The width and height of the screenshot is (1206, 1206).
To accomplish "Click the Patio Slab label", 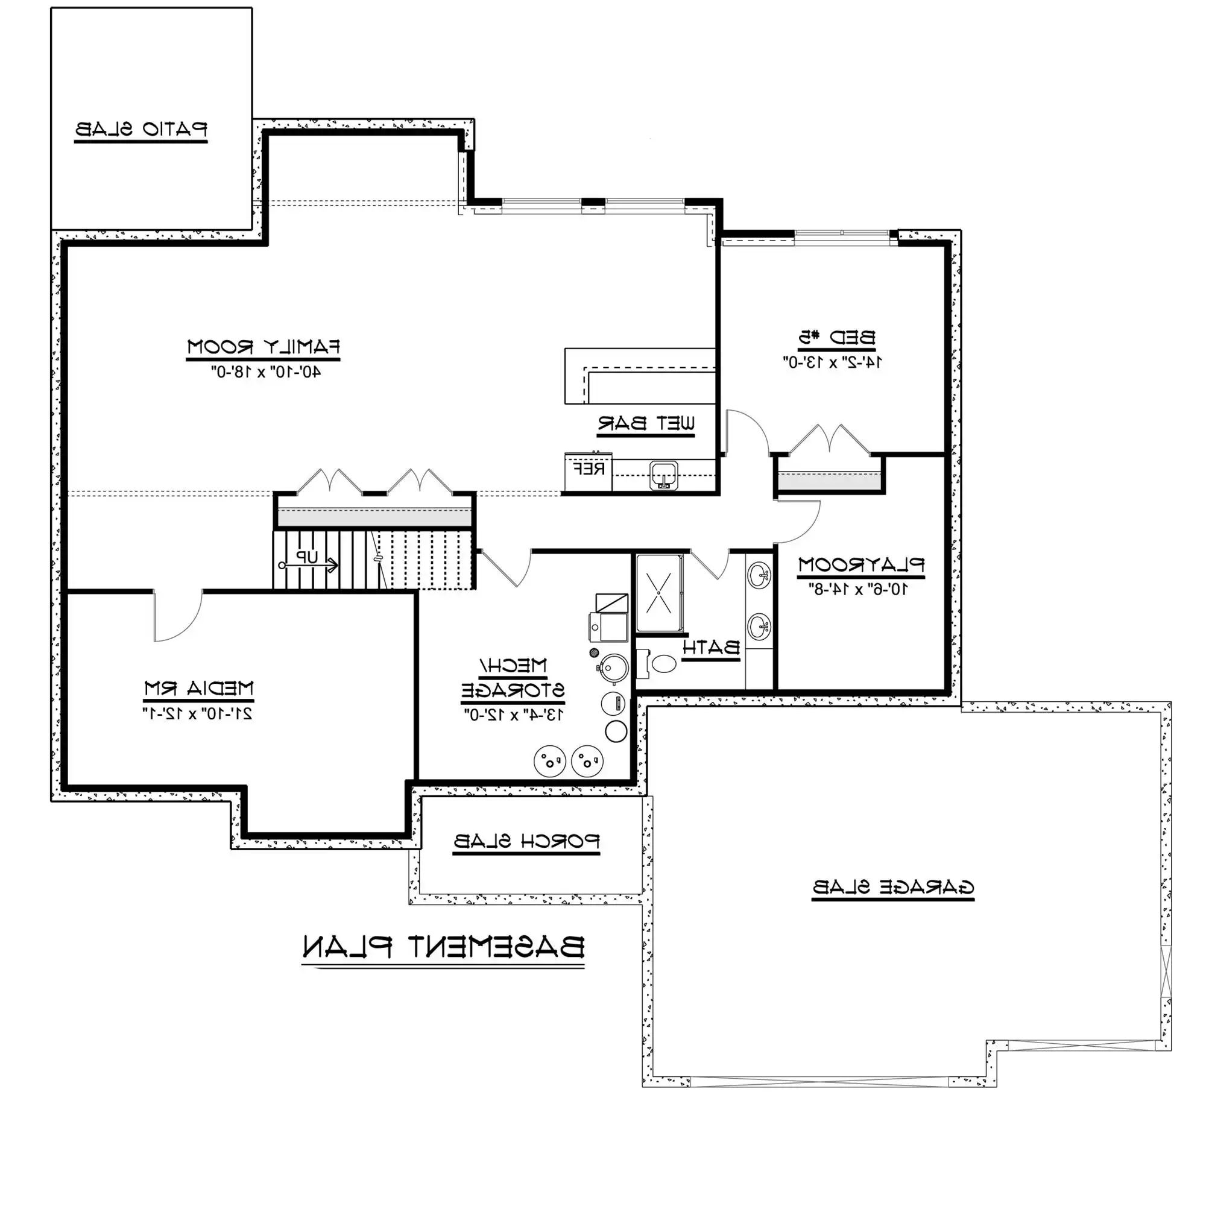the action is click(x=141, y=129).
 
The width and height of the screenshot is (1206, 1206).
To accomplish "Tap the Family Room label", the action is click(x=264, y=347).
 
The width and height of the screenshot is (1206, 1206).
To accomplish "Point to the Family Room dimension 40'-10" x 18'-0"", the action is click(x=266, y=372).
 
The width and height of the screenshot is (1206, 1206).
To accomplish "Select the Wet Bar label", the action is click(x=646, y=423).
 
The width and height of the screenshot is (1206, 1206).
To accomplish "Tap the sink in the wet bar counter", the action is click(x=663, y=476).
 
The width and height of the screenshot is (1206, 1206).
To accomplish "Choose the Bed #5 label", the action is click(x=836, y=338).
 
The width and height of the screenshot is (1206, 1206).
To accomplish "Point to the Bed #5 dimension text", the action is click(x=833, y=362).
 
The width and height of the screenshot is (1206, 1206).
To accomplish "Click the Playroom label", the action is click(x=862, y=565).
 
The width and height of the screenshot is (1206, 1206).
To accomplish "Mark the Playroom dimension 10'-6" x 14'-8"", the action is click(x=858, y=589).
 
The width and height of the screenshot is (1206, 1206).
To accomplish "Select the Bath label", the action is click(x=711, y=647).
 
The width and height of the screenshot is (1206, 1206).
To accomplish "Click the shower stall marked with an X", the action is click(x=659, y=593).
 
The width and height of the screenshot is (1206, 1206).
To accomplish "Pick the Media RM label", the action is click(x=198, y=689).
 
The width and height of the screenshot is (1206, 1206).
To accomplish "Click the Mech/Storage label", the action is click(x=513, y=678).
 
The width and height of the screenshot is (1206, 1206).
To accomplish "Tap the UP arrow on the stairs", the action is click(x=309, y=566).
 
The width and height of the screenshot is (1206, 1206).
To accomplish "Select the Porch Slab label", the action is click(x=526, y=841).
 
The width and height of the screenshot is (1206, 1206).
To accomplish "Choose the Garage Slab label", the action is click(x=893, y=887).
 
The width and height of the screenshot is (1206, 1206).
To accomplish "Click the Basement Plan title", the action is click(x=443, y=947).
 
